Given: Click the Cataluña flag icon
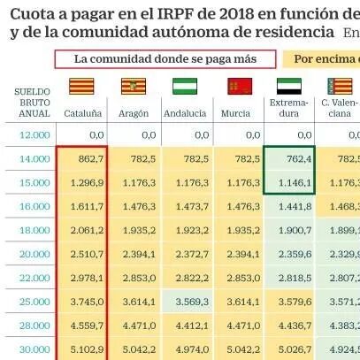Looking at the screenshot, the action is (81, 86).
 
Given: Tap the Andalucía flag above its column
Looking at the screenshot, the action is (185, 86).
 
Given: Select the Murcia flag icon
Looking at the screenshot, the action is (240, 86).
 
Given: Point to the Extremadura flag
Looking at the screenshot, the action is (289, 86).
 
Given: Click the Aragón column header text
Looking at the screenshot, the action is (134, 113).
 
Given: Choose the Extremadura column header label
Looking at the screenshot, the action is (289, 108).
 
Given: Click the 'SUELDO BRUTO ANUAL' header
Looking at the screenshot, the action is (32, 103).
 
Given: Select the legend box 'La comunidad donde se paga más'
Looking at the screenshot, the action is (165, 59).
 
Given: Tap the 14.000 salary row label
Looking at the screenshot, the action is (34, 159).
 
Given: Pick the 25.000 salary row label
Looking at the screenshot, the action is (34, 302).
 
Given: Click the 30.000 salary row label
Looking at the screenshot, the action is (34, 349).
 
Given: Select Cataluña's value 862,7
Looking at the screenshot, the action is (91, 159).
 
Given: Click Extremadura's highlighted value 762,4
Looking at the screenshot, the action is (299, 159).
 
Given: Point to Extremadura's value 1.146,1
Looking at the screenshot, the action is (295, 183).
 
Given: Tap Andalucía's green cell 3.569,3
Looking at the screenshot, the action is (192, 302).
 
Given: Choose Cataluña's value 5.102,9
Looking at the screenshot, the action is (87, 349).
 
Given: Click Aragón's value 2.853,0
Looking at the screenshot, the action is (139, 278).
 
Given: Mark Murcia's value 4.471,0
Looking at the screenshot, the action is (243, 326).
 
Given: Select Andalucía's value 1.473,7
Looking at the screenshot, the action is (192, 207).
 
